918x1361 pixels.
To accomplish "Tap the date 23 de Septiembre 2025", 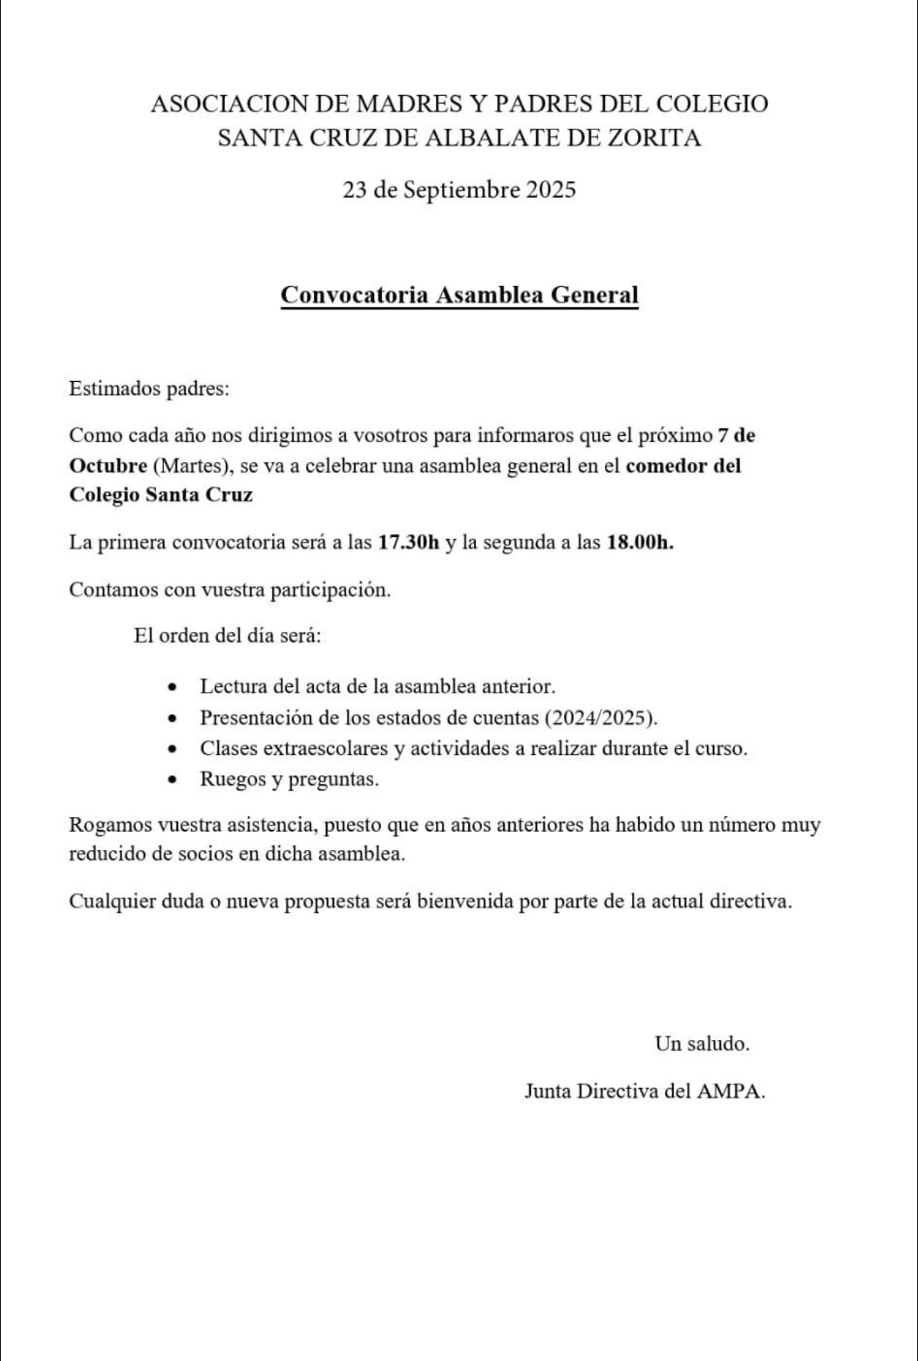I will tap(459, 190).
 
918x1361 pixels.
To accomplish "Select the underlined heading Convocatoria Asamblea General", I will tap(459, 295).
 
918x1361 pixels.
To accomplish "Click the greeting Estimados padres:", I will tap(149, 389).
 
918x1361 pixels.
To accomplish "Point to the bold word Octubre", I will tap(108, 465).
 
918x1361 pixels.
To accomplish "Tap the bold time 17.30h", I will tap(409, 542).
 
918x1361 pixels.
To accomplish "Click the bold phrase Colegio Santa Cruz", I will tap(161, 495).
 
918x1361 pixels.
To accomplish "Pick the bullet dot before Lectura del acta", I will tap(172, 687).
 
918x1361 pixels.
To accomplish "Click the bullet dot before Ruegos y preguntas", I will tap(172, 779).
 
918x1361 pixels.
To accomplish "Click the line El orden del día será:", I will tap(227, 635).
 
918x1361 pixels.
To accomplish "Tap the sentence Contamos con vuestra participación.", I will tap(229, 590).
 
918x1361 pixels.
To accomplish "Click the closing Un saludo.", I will tap(702, 1044).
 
